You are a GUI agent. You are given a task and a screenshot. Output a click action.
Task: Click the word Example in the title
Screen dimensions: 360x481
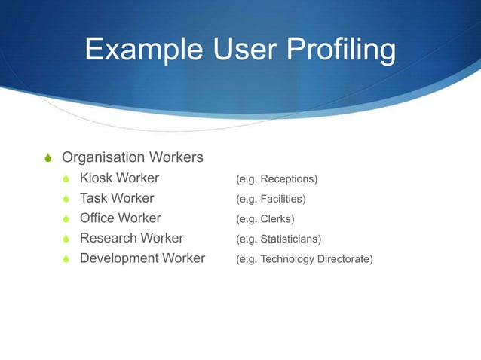139,50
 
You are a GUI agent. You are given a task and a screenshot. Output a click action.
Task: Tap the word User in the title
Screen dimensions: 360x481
239,50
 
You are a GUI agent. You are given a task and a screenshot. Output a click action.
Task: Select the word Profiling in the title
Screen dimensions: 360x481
339,50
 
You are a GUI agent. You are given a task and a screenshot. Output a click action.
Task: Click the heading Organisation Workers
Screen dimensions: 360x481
132,157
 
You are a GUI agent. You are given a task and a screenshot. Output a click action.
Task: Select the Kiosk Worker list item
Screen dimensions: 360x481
119,178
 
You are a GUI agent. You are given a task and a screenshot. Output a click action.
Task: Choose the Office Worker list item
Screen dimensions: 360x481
120,218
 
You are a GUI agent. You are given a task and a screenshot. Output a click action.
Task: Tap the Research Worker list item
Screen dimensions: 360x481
131,239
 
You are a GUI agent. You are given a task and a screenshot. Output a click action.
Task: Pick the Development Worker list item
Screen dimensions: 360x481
142,258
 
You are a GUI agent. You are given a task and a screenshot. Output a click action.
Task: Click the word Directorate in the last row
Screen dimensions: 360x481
342,259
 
